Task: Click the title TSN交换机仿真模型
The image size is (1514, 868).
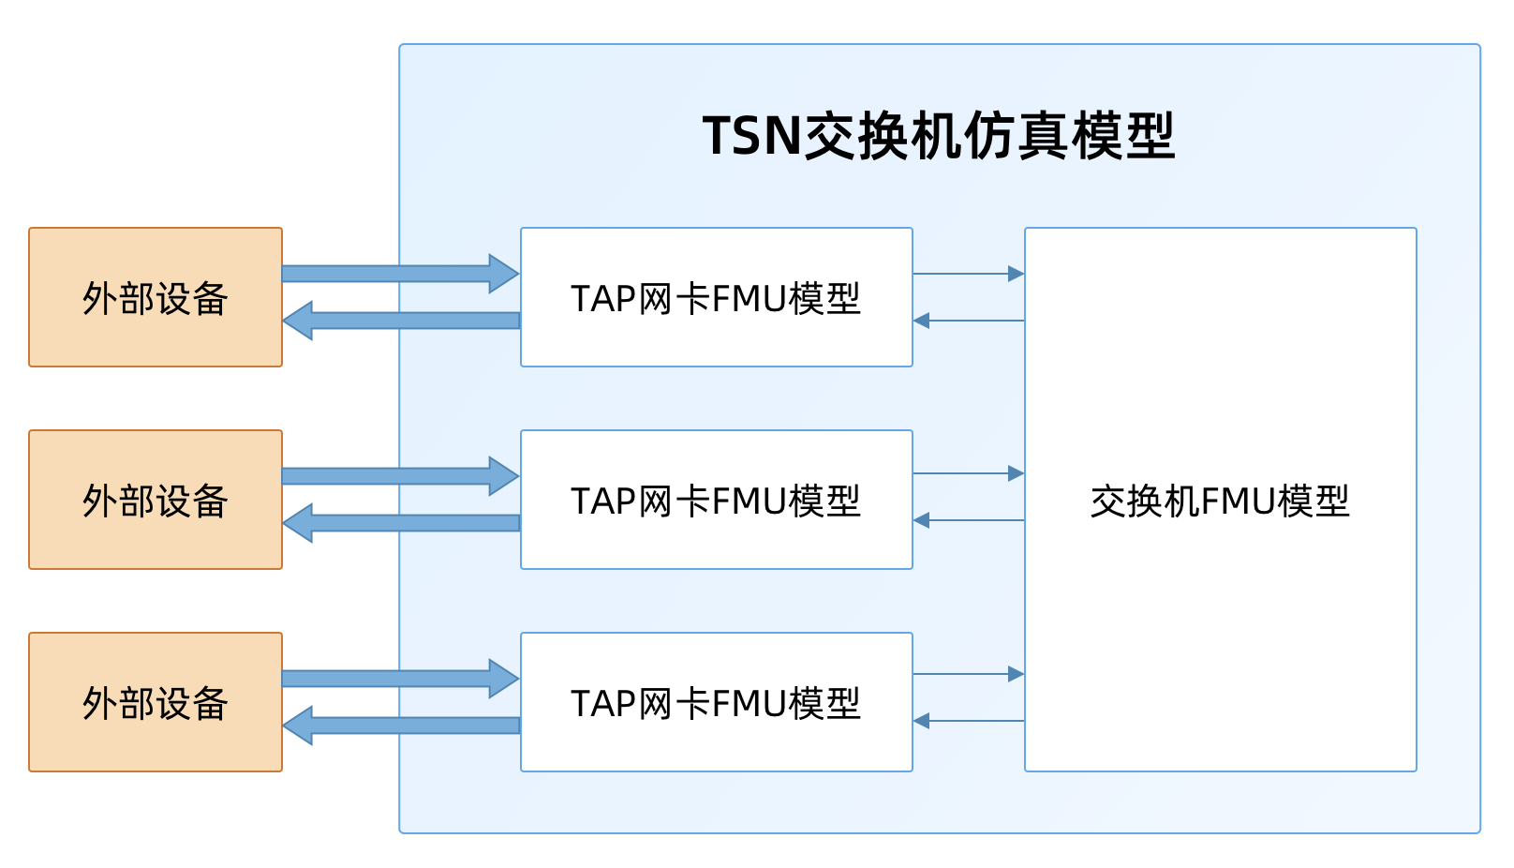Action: click(x=939, y=137)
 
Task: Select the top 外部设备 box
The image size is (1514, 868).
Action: click(x=156, y=297)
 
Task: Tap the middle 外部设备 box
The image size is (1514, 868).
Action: click(x=156, y=500)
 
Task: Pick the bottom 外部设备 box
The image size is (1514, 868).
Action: click(x=156, y=702)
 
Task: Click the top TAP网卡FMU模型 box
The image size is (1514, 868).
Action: click(x=716, y=297)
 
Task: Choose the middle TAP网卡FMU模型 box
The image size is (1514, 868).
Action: click(x=716, y=500)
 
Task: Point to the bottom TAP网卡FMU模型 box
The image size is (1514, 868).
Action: click(x=716, y=702)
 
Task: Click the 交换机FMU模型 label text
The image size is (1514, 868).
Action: click(x=1220, y=501)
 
